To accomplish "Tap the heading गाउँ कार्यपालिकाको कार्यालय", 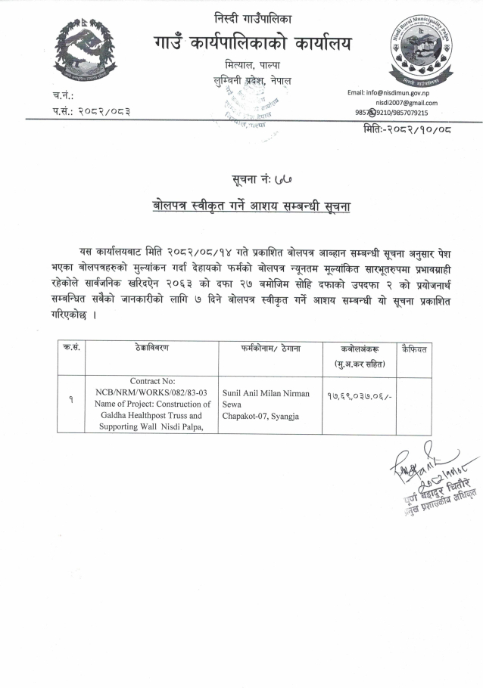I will point(251,45).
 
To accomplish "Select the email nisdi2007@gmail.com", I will point(406,102).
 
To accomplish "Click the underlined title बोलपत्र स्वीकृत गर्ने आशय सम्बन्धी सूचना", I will point(251,206).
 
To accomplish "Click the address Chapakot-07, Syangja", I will point(260,416).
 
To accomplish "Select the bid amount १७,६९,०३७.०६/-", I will point(357,398).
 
